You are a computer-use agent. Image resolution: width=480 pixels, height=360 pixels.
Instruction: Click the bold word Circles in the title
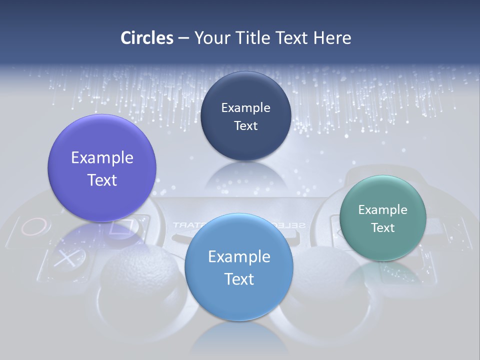pyautogui.click(x=146, y=38)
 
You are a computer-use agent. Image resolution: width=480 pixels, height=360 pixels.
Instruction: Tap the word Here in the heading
pyautogui.click(x=332, y=38)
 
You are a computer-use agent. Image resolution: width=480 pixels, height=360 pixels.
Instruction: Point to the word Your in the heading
pyautogui.click(x=210, y=38)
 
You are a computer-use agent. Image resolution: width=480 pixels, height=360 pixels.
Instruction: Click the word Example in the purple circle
pyautogui.click(x=102, y=157)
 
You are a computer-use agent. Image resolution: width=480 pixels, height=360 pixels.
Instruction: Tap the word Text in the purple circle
pyautogui.click(x=102, y=180)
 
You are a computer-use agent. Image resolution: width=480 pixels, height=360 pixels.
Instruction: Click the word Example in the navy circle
pyautogui.click(x=246, y=107)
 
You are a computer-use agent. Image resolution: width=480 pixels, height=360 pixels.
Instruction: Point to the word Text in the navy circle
pyautogui.click(x=246, y=125)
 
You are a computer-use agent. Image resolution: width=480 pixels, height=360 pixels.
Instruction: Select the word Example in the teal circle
pyautogui.click(x=383, y=209)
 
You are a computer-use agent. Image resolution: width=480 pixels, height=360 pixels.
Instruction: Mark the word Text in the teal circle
pyautogui.click(x=383, y=227)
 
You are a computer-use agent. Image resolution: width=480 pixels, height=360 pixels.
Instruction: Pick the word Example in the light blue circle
pyautogui.click(x=239, y=256)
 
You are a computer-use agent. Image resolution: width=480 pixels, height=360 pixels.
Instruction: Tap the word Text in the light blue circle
pyautogui.click(x=239, y=279)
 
